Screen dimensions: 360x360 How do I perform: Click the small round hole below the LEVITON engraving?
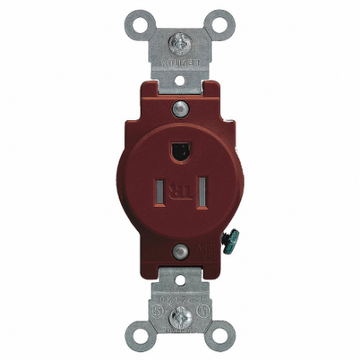[179, 79]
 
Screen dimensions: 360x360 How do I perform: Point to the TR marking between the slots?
[179, 189]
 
